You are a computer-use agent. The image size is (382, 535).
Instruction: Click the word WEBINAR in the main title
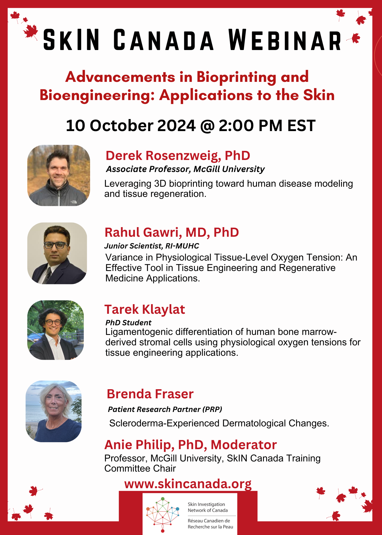pyautogui.click(x=285, y=40)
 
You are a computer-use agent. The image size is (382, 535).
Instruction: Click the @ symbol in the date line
pyautogui.click(x=207, y=126)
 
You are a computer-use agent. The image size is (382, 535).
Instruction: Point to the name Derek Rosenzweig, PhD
pyautogui.click(x=178, y=156)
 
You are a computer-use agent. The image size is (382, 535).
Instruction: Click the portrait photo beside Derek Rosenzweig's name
pyautogui.click(x=59, y=175)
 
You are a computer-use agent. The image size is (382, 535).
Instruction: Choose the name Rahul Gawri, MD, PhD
pyautogui.click(x=172, y=232)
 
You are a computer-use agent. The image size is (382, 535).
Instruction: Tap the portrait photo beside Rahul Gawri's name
pyautogui.click(x=57, y=253)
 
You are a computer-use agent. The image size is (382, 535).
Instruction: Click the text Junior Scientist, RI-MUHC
pyautogui.click(x=152, y=246)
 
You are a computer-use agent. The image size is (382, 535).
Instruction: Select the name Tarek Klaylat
pyautogui.click(x=145, y=309)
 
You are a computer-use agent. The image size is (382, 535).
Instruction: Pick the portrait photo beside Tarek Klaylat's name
pyautogui.click(x=56, y=330)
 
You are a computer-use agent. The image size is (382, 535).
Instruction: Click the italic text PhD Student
pyautogui.click(x=128, y=323)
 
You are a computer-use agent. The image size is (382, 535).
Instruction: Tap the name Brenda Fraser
pyautogui.click(x=150, y=394)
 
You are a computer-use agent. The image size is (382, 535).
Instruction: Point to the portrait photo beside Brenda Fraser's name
pyautogui.click(x=53, y=411)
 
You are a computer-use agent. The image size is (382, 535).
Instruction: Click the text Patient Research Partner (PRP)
pyautogui.click(x=165, y=409)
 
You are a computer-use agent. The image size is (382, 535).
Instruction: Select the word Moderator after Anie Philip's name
pyautogui.click(x=244, y=445)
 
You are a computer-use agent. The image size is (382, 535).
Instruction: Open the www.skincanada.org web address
pyautogui.click(x=188, y=484)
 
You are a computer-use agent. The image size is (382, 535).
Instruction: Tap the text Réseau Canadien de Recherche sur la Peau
pyautogui.click(x=210, y=524)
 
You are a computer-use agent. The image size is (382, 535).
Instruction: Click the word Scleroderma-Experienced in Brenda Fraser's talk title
pyautogui.click(x=164, y=423)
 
